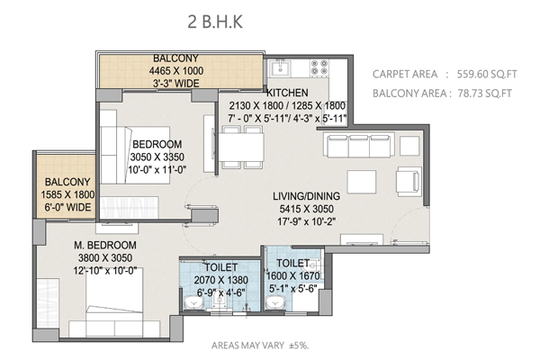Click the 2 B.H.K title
pyautogui.click(x=215, y=22)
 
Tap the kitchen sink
pyautogui.click(x=280, y=67)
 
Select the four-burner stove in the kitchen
pyautogui.click(x=319, y=67)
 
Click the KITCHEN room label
pyautogui.click(x=288, y=93)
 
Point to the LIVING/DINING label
pyautogui.click(x=307, y=196)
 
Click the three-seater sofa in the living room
pyautogui.click(x=358, y=146)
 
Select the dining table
pyautogui.click(x=242, y=147)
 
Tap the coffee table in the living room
pyautogui.click(x=361, y=182)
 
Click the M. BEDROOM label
pyautogui.click(x=105, y=245)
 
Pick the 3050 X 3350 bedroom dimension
pyautogui.click(x=157, y=157)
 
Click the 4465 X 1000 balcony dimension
pyautogui.click(x=176, y=70)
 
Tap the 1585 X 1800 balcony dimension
pyautogui.click(x=67, y=194)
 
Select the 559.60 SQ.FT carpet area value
pyautogui.click(x=487, y=74)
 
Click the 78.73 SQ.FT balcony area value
pyautogui.click(x=485, y=94)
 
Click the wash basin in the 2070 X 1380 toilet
pyautogui.click(x=193, y=302)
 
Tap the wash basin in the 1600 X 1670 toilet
pyautogui.click(x=275, y=302)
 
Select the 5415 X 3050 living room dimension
pyautogui.click(x=307, y=209)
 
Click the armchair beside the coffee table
pyautogui.click(x=409, y=182)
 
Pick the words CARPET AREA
pyautogui.click(x=405, y=74)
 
